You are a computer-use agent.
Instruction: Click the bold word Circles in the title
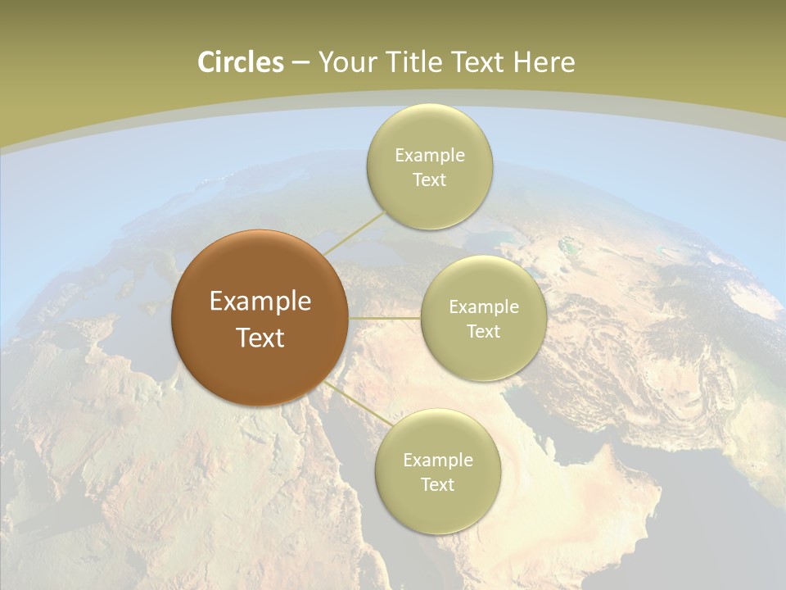(x=241, y=62)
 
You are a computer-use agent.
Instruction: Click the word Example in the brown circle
(x=260, y=302)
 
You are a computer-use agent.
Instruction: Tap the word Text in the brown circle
(x=260, y=338)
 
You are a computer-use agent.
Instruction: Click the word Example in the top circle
(x=430, y=156)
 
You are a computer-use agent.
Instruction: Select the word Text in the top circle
(x=429, y=180)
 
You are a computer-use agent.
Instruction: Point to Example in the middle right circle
(x=484, y=307)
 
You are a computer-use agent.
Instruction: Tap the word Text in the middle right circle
(x=483, y=332)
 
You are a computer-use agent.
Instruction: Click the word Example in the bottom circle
(x=438, y=461)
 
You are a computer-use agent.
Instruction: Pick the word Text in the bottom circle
(x=437, y=485)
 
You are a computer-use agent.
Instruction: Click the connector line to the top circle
(x=355, y=233)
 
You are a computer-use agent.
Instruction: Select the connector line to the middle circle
(x=385, y=318)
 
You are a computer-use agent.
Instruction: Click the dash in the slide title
(x=300, y=63)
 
